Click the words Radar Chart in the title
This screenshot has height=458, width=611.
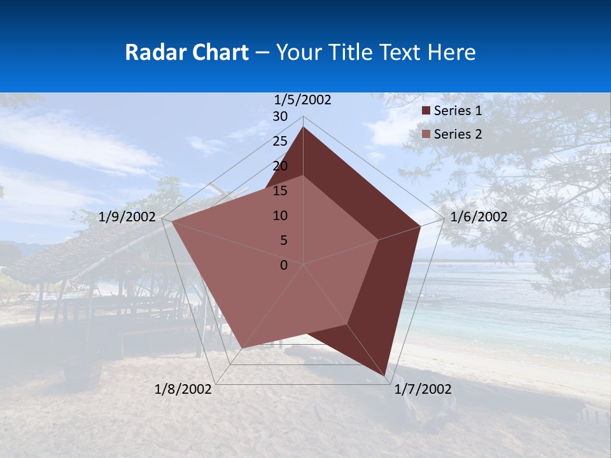pyautogui.click(x=186, y=52)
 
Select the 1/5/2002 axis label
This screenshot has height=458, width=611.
pyautogui.click(x=303, y=100)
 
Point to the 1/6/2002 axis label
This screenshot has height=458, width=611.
pyautogui.click(x=479, y=217)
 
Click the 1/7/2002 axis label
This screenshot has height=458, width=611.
pyautogui.click(x=423, y=389)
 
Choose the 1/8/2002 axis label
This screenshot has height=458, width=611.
pyautogui.click(x=183, y=389)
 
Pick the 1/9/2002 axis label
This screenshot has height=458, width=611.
pyautogui.click(x=127, y=217)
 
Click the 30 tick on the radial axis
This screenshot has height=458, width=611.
pyautogui.click(x=280, y=116)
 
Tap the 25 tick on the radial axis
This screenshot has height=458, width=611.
pyautogui.click(x=280, y=141)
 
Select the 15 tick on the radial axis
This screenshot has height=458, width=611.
pyautogui.click(x=280, y=191)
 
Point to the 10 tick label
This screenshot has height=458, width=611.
pyautogui.click(x=280, y=216)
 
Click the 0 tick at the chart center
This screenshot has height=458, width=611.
pyautogui.click(x=284, y=265)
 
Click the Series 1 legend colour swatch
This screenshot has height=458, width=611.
pyautogui.click(x=426, y=111)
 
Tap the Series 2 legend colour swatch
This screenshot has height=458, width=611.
pyautogui.click(x=426, y=134)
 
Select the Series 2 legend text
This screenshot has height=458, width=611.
pyautogui.click(x=458, y=134)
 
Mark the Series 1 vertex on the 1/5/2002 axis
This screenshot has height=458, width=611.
pyautogui.click(x=304, y=127)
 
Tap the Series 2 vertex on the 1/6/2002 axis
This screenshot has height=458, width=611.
pyautogui.click(x=379, y=240)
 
